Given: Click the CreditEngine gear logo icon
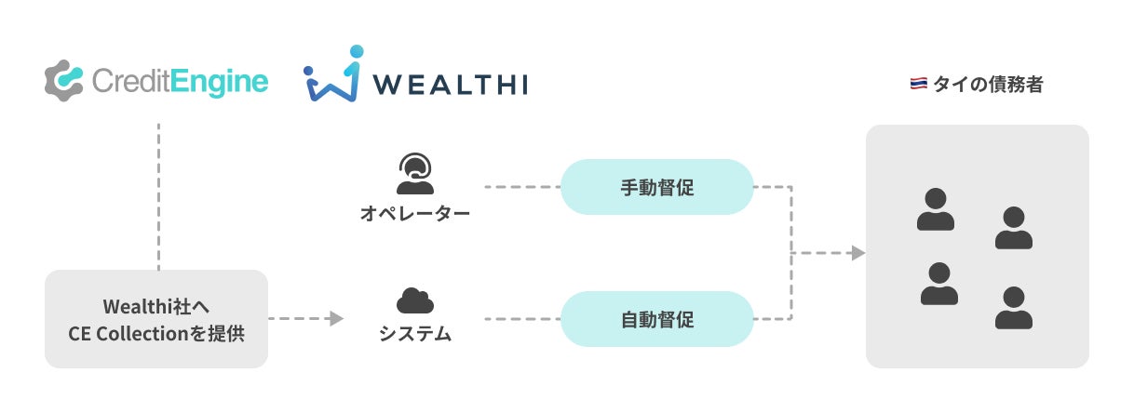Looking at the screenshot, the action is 65,81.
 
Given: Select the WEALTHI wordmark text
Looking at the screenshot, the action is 451,85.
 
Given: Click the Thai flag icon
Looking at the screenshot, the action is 917,85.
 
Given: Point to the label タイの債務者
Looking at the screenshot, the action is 988,85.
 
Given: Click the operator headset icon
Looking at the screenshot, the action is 415,173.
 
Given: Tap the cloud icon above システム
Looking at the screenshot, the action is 415,300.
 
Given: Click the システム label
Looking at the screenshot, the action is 415,333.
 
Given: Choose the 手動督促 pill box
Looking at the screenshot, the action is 656,187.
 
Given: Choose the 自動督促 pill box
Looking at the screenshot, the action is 656,319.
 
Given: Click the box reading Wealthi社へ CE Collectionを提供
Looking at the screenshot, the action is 156,319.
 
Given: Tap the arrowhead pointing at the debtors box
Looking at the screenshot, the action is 857,253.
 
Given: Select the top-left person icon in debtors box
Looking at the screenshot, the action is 935,209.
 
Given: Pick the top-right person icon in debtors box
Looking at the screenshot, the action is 1013,228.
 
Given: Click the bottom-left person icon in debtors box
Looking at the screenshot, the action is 938,284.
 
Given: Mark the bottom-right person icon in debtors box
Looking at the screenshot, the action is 1013,308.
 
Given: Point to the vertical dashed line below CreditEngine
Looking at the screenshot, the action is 158,195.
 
